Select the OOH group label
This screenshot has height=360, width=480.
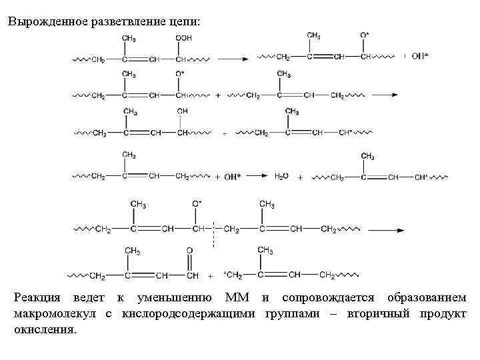point(184,38)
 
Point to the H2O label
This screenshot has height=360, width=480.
point(283,177)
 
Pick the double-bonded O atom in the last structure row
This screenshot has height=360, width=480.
point(190,251)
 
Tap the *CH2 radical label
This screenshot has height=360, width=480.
point(233,275)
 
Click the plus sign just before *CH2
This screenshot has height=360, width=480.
point(211,275)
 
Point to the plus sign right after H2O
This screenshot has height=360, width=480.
point(301,177)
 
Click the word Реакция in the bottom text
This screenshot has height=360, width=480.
point(37,297)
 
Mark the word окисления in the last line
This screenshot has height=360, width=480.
point(45,329)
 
